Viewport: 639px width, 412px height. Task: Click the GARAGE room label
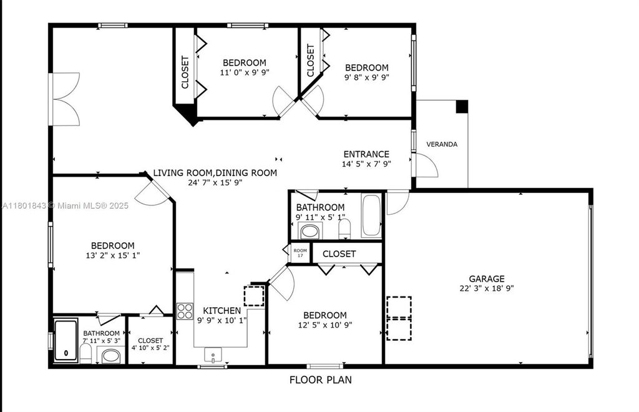[x=487, y=278]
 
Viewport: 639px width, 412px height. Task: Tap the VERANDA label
[x=442, y=144]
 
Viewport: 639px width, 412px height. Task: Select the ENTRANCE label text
[x=366, y=154]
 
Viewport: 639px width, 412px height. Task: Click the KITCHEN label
[x=222, y=310]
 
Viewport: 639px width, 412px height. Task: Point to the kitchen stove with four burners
[x=185, y=311]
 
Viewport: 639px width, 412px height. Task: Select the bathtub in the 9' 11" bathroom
[x=371, y=216]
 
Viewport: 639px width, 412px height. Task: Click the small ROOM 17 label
[x=300, y=253]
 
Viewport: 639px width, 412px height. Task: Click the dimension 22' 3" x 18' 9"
[x=487, y=288]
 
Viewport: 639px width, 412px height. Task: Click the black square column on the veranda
[x=462, y=107]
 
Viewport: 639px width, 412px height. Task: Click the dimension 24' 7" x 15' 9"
[x=197, y=183]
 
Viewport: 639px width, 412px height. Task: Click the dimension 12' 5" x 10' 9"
[x=324, y=325]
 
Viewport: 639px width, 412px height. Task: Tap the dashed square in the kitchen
[x=254, y=296]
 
